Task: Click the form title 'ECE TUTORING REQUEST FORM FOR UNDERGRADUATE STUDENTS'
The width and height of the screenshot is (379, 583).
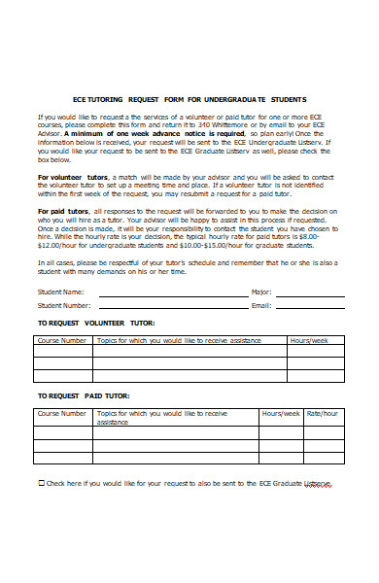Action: (189, 99)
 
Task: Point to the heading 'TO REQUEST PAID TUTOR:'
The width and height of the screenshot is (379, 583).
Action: (85, 396)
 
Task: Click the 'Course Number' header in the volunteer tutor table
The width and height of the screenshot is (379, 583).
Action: (62, 341)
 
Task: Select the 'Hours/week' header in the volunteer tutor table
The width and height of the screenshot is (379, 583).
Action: (309, 341)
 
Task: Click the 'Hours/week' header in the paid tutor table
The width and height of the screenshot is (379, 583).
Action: (281, 413)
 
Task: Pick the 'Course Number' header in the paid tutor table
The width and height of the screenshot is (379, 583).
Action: (62, 413)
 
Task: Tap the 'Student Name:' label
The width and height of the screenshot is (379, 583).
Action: (60, 292)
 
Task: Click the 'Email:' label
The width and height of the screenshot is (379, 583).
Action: (260, 306)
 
